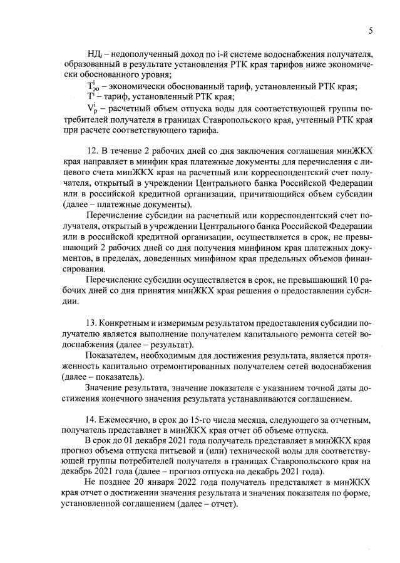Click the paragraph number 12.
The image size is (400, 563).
point(91,152)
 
